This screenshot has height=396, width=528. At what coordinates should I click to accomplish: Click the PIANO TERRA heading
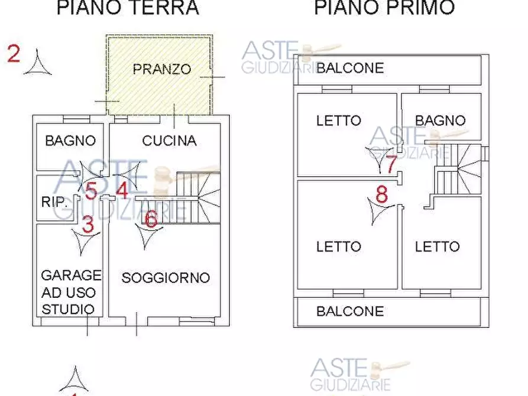click(x=127, y=8)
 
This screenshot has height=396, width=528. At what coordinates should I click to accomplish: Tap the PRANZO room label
click(x=161, y=69)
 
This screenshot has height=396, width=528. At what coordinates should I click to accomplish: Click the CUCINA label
click(x=169, y=141)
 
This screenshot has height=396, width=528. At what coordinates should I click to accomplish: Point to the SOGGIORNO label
click(x=166, y=277)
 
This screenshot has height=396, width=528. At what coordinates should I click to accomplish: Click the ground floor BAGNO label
click(x=70, y=141)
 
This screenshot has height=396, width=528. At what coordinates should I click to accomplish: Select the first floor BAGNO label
click(x=440, y=121)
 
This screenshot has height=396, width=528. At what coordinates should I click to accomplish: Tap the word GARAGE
click(x=71, y=275)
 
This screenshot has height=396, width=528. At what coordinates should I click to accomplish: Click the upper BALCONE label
click(x=350, y=68)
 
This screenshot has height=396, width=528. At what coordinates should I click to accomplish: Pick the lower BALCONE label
click(x=350, y=311)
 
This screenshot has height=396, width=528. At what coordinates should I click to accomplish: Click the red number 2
click(x=14, y=54)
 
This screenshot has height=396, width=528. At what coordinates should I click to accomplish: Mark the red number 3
click(x=88, y=225)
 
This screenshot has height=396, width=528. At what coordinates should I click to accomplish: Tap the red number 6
click(x=151, y=220)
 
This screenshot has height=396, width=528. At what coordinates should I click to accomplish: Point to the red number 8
click(x=382, y=194)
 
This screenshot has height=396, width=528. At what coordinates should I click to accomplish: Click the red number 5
click(x=90, y=191)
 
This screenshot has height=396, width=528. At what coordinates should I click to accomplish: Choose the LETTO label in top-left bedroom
click(x=338, y=121)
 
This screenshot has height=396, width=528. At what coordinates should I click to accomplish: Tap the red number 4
click(x=122, y=191)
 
